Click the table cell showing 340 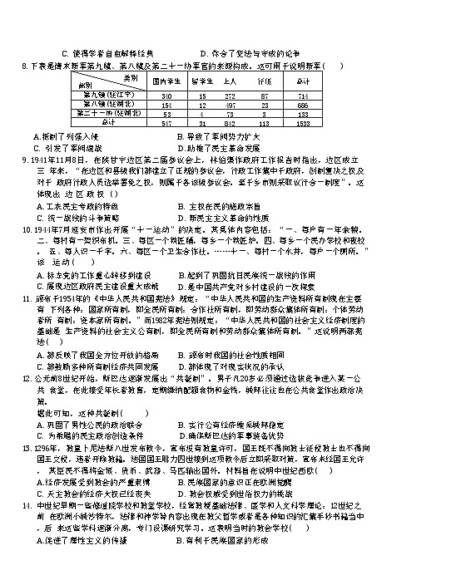point(165,96)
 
